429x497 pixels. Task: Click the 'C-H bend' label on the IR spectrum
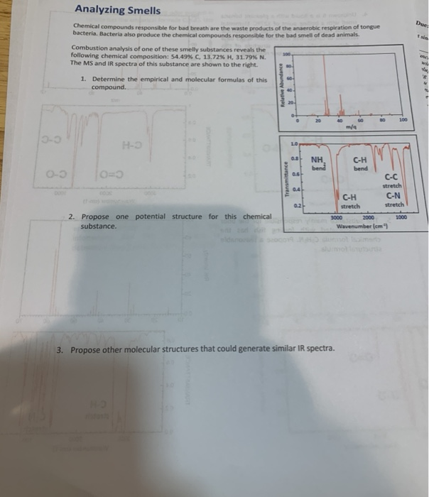(x=360, y=165)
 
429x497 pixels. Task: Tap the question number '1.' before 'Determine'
(x=83, y=80)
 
